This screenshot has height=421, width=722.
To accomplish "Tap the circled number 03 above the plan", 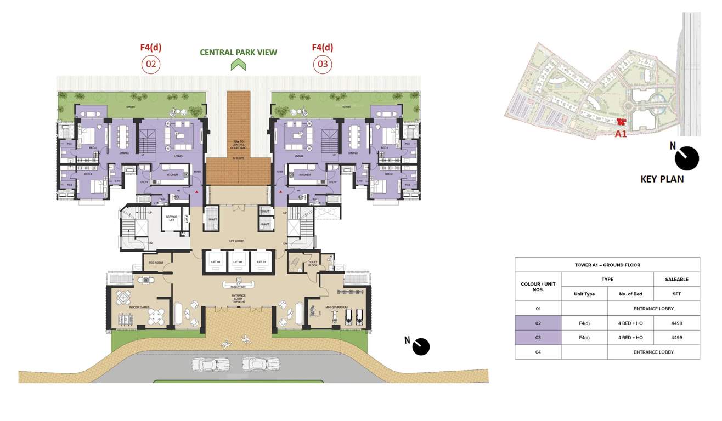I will (x=323, y=65).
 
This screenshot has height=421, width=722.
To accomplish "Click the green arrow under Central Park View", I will (x=238, y=65).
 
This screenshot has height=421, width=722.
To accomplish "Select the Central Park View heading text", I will (x=238, y=53).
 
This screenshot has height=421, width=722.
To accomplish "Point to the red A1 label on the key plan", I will (x=621, y=134).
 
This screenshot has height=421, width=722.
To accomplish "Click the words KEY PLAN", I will (x=662, y=179).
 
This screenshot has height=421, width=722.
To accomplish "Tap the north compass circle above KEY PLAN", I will (x=686, y=158).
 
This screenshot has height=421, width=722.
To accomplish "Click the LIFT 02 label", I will (x=238, y=263).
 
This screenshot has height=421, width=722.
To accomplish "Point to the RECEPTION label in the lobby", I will (x=238, y=287).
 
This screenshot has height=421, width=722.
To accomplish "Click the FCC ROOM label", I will (x=156, y=263).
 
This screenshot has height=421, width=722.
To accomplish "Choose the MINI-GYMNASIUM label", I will (x=336, y=308).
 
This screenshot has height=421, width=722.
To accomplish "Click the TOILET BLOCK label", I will (x=313, y=264).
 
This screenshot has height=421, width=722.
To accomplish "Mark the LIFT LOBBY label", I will (x=236, y=241).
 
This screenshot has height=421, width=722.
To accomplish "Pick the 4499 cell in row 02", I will (x=676, y=323).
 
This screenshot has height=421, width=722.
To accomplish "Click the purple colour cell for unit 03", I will (x=538, y=337).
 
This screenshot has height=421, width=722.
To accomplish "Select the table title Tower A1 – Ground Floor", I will (x=607, y=265).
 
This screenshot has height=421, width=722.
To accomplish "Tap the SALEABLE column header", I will (x=676, y=279).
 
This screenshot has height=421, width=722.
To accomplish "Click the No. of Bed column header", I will (x=630, y=294).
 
